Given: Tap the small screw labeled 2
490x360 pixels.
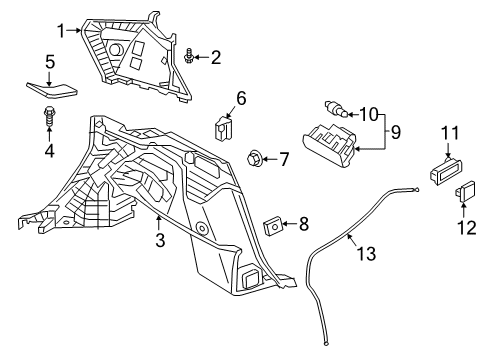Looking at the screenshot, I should (190, 56).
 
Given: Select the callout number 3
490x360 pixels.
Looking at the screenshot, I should (160, 241).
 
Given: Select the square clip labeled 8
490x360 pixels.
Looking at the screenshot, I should (271, 227).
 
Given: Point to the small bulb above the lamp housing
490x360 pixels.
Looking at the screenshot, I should (335, 107).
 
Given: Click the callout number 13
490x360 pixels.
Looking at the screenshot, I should (368, 254).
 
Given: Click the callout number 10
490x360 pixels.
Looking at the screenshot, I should (368, 114).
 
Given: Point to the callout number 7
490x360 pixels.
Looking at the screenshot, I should (284, 158).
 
